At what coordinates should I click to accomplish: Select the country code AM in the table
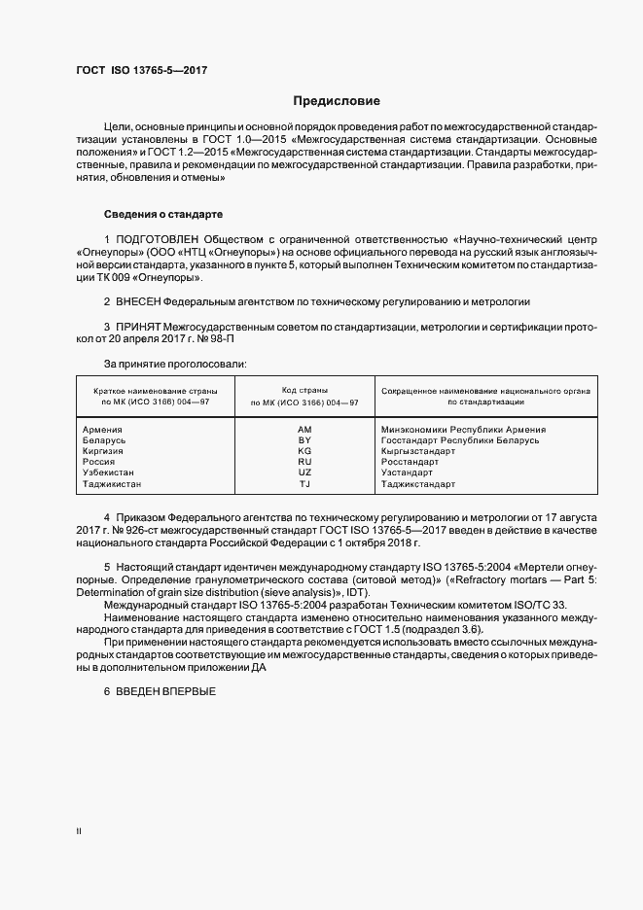pos(304,429)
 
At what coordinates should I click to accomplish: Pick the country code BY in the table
pos(304,440)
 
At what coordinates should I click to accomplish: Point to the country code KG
pos(304,451)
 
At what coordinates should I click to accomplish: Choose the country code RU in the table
pos(304,462)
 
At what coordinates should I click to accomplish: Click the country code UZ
pos(304,472)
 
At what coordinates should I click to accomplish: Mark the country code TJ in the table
pos(304,483)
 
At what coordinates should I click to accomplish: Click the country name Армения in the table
pos(102,429)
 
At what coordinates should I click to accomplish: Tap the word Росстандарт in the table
pos(411,462)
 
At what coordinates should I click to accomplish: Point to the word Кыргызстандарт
pos(418,451)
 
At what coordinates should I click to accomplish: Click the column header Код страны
pos(304,389)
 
